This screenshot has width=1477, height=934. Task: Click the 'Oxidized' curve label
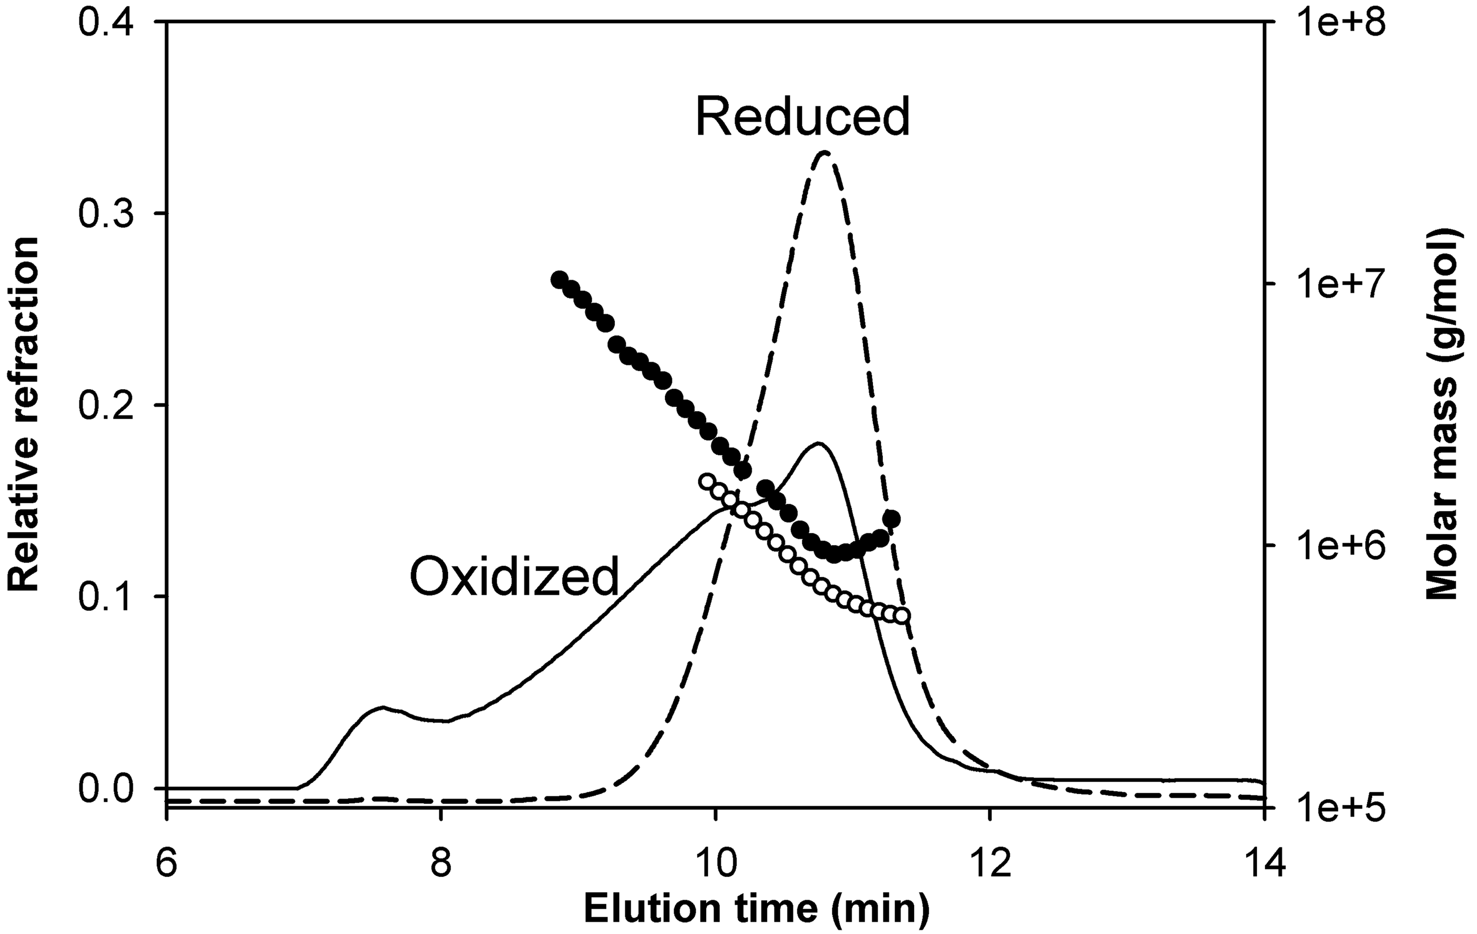click(514, 577)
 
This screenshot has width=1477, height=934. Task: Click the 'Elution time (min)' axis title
click(757, 908)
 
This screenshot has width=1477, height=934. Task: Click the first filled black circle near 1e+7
click(559, 280)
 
